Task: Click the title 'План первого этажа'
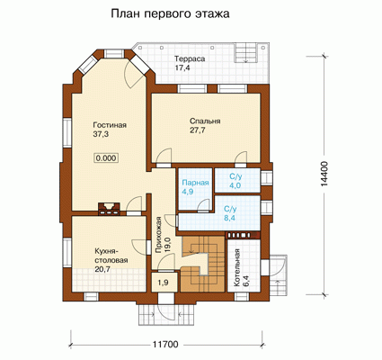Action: tap(170, 14)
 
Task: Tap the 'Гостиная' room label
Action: tap(110, 125)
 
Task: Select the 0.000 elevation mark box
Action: tap(106, 158)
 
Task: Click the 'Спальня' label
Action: tap(205, 121)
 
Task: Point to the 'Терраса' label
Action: tap(190, 58)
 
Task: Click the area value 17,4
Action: tap(182, 67)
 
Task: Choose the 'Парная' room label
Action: tap(196, 183)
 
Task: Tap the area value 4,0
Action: tap(235, 185)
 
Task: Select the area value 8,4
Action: tap(230, 218)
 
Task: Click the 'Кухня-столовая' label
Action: tap(111, 256)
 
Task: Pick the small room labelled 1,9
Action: tap(163, 282)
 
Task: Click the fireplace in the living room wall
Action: tap(109, 209)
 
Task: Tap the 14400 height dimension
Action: tap(324, 175)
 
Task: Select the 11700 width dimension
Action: tap(165, 345)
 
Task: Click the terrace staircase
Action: tap(246, 52)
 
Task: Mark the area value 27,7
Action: tap(197, 130)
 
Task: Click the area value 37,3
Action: tap(101, 134)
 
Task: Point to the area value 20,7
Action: tap(102, 269)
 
